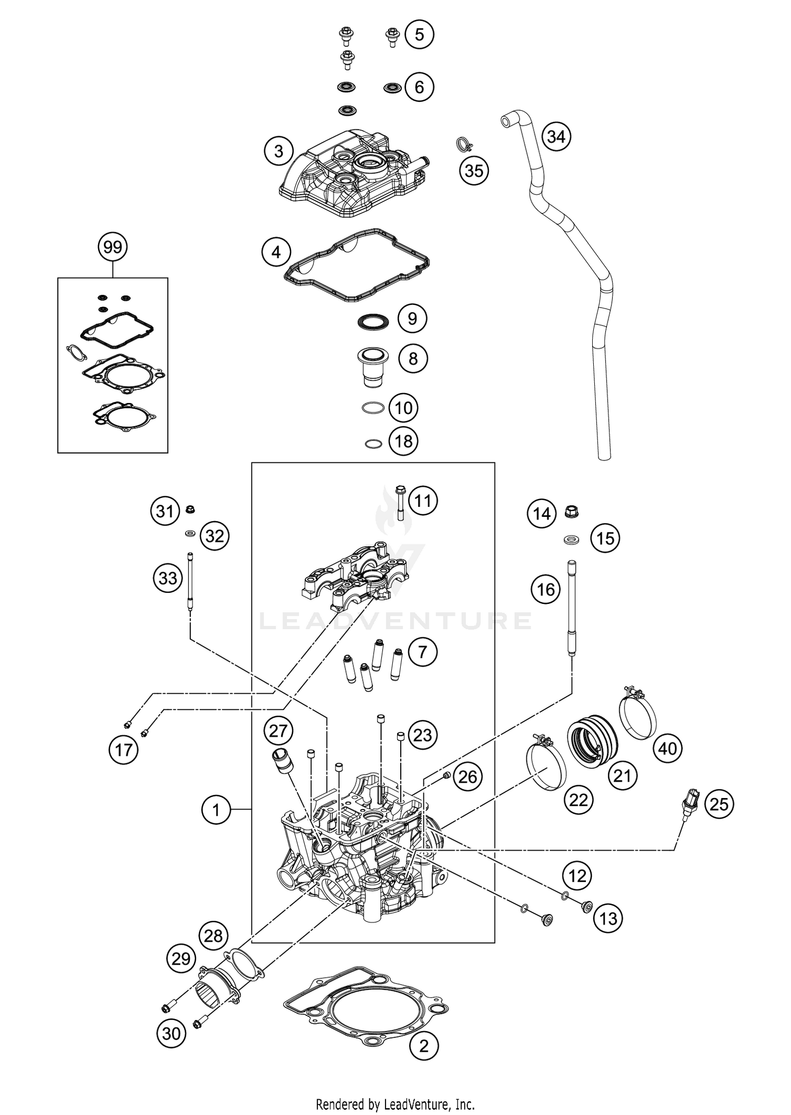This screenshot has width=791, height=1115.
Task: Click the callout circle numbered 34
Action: click(x=556, y=137)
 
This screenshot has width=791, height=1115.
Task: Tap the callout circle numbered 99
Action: click(x=113, y=247)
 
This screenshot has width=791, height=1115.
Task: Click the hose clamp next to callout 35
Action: click(x=463, y=144)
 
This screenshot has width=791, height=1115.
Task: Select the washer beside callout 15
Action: click(x=570, y=540)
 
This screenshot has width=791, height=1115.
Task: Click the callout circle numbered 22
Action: click(x=578, y=800)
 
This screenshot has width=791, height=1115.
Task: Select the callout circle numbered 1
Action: click(x=216, y=809)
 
